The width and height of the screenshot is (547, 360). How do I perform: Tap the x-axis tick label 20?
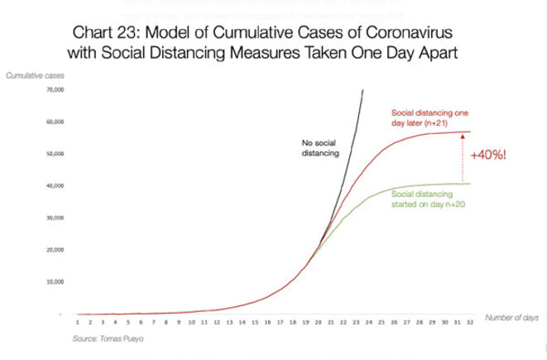point(317,324)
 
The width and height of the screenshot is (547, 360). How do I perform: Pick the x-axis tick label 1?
point(77,324)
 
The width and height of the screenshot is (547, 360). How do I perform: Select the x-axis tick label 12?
point(216,324)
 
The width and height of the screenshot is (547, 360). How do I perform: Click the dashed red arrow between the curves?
point(462,157)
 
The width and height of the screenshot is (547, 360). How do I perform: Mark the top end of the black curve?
point(363,89)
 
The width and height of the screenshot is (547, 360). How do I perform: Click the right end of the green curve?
point(469,184)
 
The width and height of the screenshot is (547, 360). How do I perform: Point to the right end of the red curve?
point(469,132)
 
